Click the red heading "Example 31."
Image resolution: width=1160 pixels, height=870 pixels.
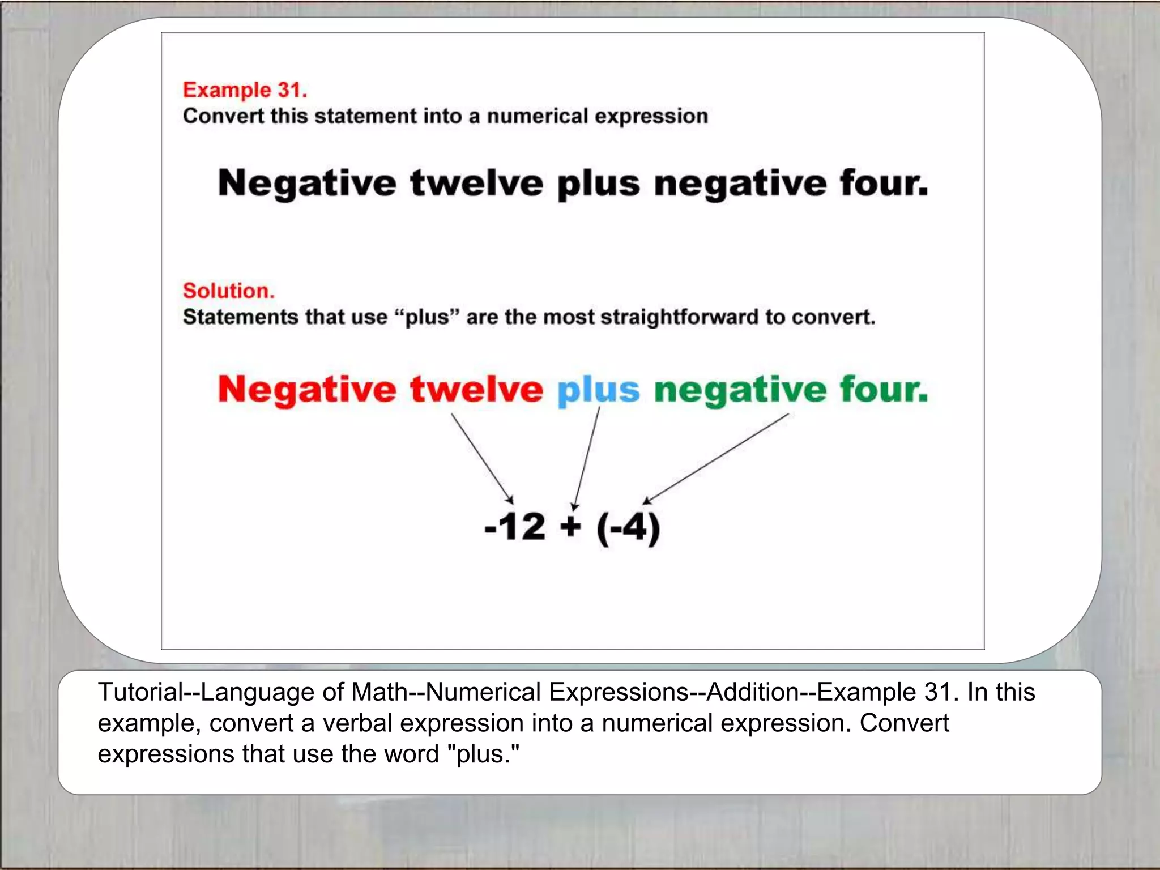tap(245, 90)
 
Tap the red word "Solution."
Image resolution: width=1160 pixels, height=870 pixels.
tap(228, 291)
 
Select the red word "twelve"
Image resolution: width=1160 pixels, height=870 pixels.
tap(476, 390)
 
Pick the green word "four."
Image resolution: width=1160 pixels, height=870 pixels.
tap(884, 390)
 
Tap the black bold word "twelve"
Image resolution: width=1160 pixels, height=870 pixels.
tap(476, 184)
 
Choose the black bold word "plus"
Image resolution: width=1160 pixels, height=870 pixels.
tap(598, 185)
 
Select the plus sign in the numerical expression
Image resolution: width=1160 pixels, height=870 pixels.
tap(570, 527)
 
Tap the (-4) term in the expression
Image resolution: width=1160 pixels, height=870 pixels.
tap(628, 528)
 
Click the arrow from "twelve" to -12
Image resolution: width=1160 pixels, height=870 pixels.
tap(482, 458)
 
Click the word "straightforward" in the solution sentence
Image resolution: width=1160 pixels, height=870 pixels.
tap(679, 317)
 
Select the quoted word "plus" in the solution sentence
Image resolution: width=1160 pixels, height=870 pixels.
tap(427, 317)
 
